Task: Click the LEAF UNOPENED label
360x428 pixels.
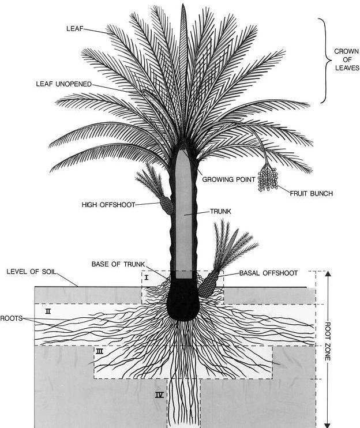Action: point(63,84)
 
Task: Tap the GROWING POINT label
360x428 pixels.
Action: point(228,179)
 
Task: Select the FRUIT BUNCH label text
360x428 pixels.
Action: point(311,193)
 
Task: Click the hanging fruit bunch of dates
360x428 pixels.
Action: point(268,178)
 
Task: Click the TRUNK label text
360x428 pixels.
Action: point(220,212)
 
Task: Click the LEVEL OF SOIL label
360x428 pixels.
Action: point(30,271)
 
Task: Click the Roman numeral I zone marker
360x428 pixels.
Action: point(147,277)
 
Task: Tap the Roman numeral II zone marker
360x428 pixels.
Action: point(48,311)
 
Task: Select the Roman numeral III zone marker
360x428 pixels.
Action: point(100,351)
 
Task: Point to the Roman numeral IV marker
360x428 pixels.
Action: point(159,395)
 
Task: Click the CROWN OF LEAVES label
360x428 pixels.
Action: point(346,59)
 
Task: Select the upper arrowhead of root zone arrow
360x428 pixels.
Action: point(328,275)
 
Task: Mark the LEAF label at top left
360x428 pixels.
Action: point(74,27)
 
